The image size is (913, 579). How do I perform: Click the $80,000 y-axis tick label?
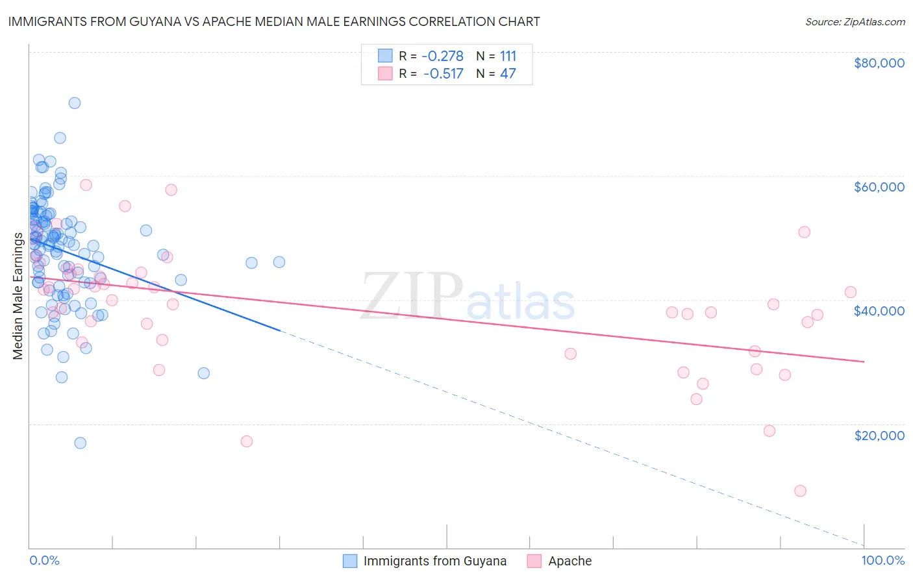pos(879,63)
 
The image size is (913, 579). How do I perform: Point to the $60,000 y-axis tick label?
pos(879,187)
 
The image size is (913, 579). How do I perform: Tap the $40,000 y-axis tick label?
pos(879,311)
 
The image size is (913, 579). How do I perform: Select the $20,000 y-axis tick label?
pos(879,435)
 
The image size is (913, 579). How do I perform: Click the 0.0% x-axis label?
pos(44,560)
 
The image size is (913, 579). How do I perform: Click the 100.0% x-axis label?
pos(882,560)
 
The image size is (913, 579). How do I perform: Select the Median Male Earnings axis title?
pos(18,296)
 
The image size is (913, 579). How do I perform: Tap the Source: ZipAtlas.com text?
pos(855,21)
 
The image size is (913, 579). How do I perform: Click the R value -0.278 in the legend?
pos(443,56)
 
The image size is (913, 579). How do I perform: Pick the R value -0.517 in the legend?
pos(443,73)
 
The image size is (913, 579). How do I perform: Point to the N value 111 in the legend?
pos(508,56)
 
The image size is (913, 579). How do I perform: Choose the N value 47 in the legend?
pos(508,73)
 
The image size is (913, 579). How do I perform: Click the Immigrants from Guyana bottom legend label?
pos(434,561)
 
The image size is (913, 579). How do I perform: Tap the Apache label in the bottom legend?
pos(569,561)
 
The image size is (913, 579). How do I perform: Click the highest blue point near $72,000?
pos(75,103)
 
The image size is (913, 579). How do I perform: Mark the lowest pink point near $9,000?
pos(800,491)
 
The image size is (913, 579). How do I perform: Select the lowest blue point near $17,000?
pos(81,443)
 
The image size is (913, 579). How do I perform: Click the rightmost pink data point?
pos(851,292)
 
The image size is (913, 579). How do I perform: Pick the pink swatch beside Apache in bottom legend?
pos(534,561)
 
